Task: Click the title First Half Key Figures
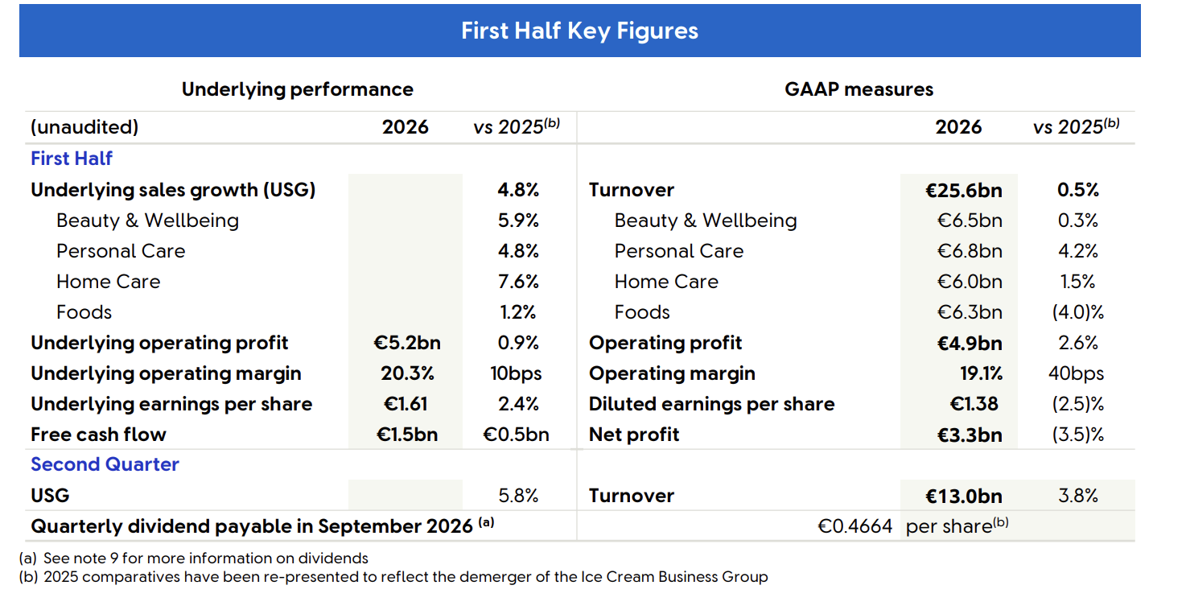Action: coord(580,31)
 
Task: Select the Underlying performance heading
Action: coord(298,89)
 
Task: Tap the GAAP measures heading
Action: coord(859,89)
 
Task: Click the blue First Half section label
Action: coord(72,159)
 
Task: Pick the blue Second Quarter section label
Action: coord(105,464)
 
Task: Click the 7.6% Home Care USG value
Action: coord(518,282)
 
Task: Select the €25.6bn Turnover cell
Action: coord(964,191)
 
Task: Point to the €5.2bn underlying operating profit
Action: coord(406,343)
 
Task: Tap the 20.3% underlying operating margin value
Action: coord(407,374)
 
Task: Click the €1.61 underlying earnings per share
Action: coord(405,405)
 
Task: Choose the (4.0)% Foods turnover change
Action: coord(1078,312)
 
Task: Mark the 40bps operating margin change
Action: coord(1076,374)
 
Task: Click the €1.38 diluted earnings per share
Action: coord(974,405)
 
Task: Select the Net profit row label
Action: coord(634,435)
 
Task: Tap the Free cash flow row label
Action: coord(98,435)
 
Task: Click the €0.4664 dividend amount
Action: coord(855,526)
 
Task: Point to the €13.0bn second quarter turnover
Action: coord(964,497)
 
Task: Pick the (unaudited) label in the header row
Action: coord(84,127)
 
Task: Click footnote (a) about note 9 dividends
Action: coord(194,558)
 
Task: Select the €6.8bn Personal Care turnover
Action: coord(970,251)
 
